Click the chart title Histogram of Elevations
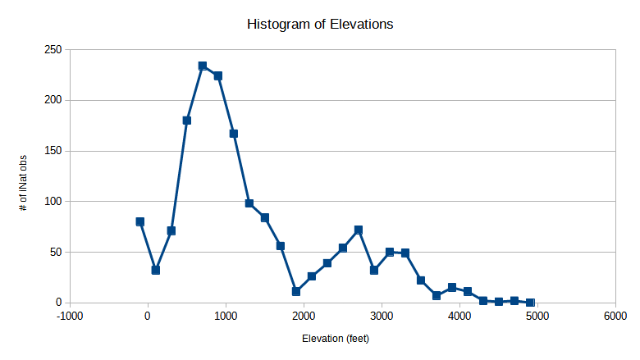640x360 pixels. point(320,25)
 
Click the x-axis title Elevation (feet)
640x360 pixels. point(342,339)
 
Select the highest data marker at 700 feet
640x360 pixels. point(203,66)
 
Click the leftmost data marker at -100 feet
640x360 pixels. point(140,221)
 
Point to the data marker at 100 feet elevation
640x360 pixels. point(156,270)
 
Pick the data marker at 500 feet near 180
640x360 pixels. point(187,120)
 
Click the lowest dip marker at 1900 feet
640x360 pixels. point(296,291)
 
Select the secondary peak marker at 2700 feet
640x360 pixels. point(359,230)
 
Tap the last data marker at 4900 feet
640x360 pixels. point(530,303)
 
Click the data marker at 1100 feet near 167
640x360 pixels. point(234,133)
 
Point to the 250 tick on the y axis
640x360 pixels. point(53,50)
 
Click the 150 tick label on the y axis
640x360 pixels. point(53,151)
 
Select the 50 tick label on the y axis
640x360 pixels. point(55,252)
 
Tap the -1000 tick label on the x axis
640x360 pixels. point(70,316)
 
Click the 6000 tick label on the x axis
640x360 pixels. point(615,316)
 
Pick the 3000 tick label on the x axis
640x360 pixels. point(382,316)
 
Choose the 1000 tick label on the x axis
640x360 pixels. point(226,316)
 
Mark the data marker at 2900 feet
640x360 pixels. point(374,270)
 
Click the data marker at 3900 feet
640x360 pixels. point(452,287)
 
